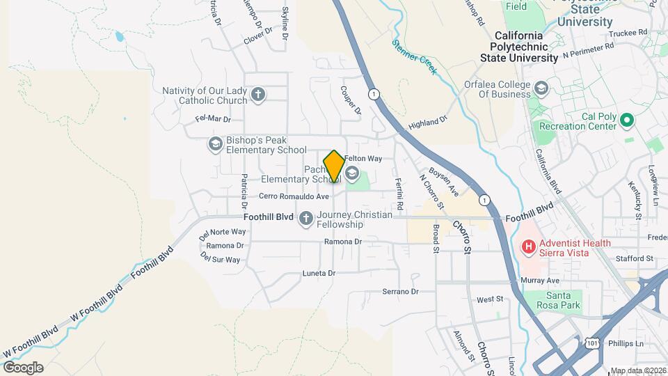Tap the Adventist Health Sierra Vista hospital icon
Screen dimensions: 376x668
tap(528, 246)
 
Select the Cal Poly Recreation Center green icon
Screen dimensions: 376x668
tap(626, 121)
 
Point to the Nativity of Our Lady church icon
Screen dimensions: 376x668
tap(258, 95)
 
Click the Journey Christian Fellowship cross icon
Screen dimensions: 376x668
tap(305, 219)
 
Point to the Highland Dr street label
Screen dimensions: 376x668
tap(428, 123)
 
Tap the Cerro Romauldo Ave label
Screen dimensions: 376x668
tap(295, 196)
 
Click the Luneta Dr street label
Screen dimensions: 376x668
tap(319, 274)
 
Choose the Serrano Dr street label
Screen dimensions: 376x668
tap(400, 292)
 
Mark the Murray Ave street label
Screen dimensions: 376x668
tap(540, 281)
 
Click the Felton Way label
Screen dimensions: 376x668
tap(363, 159)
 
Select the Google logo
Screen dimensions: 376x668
tap(23, 368)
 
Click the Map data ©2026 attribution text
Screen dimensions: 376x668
tap(637, 370)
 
